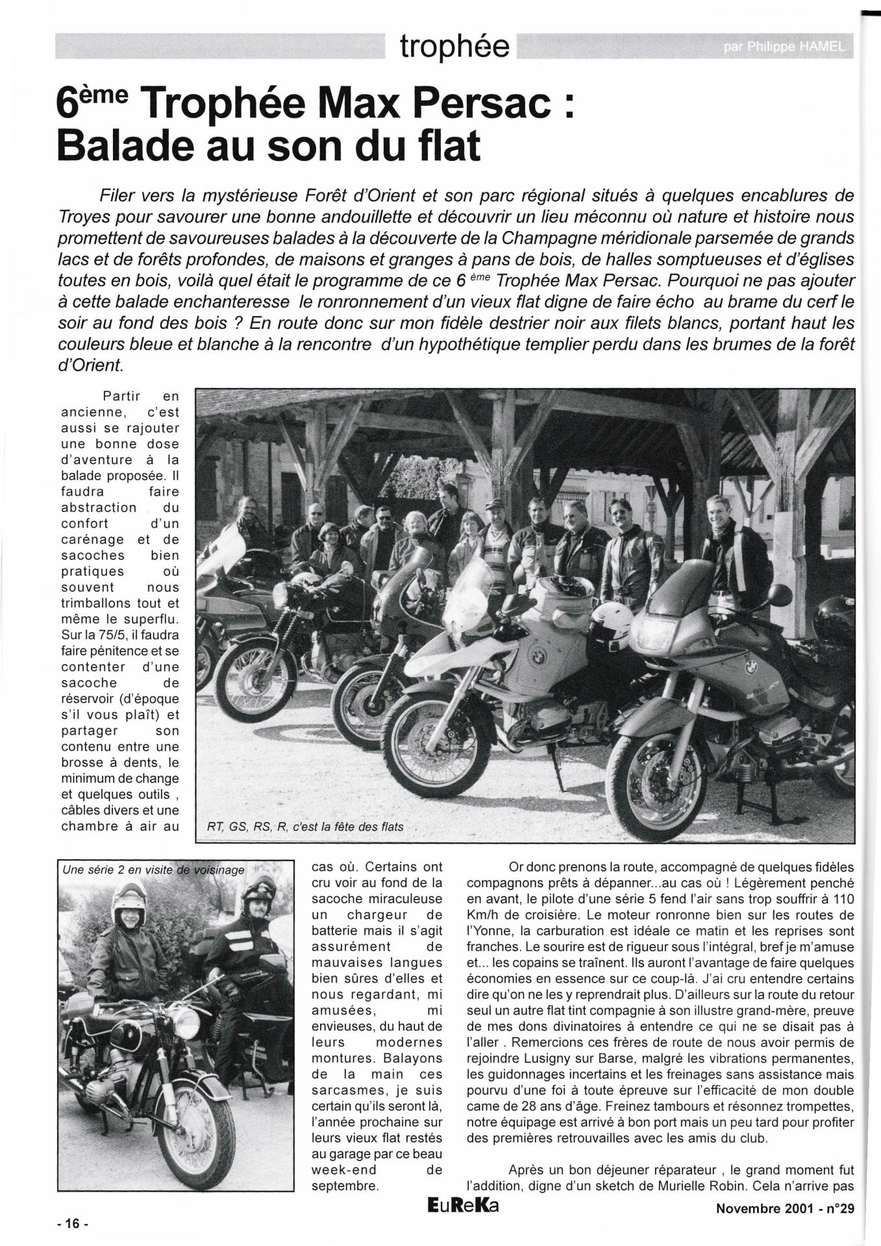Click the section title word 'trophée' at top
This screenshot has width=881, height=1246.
[x=454, y=47]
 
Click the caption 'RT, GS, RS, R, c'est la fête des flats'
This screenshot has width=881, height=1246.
[x=305, y=827]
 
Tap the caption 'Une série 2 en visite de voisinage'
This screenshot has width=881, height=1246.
[x=154, y=870]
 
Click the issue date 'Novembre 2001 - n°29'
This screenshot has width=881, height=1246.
[x=785, y=1208]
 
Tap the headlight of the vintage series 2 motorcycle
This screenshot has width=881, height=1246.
[x=186, y=1023]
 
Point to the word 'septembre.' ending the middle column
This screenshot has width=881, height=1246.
[x=343, y=1186]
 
